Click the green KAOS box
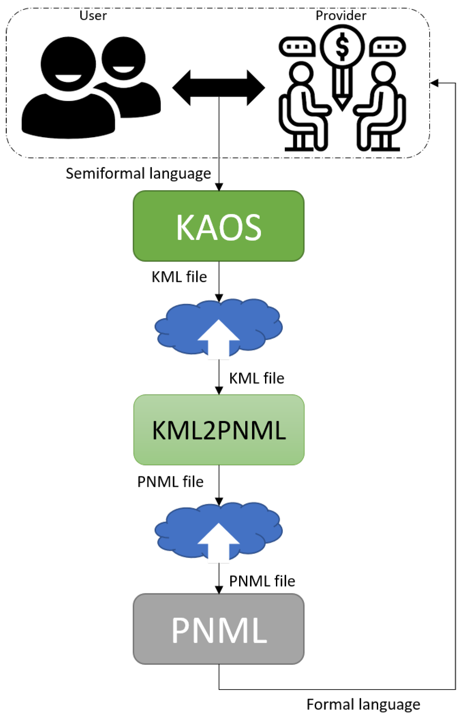pyautogui.click(x=218, y=226)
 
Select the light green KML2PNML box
pyautogui.click(x=219, y=430)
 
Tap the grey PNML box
pyautogui.click(x=218, y=629)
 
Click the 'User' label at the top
pyautogui.click(x=93, y=16)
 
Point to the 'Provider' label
pyautogui.click(x=341, y=16)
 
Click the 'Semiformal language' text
pyautogui.click(x=138, y=174)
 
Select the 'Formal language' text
pyautogui.click(x=363, y=704)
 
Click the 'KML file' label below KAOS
pyautogui.click(x=179, y=277)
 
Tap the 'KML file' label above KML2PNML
pyautogui.click(x=256, y=378)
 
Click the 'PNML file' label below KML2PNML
pyautogui.click(x=170, y=482)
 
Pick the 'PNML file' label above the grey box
pyautogui.click(x=262, y=581)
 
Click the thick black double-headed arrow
pyautogui.click(x=218, y=88)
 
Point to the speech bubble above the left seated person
pyautogui.click(x=297, y=46)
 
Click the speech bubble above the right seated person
pyautogui.click(x=388, y=46)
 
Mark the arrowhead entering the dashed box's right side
pyautogui.click(x=434, y=83)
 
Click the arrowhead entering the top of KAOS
pyautogui.click(x=219, y=187)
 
